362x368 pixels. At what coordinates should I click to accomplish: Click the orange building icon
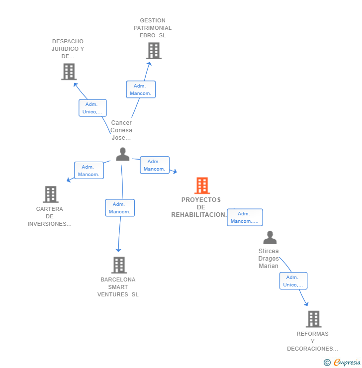point(202,185)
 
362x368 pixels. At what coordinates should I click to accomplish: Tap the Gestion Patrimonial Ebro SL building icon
point(154,51)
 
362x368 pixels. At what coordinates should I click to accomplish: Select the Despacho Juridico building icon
point(69,72)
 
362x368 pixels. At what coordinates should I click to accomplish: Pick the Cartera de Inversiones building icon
point(51,194)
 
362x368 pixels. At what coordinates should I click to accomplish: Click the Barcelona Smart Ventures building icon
point(119,265)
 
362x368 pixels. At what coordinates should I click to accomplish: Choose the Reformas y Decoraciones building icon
point(314,319)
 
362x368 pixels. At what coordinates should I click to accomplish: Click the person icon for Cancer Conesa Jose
point(123,154)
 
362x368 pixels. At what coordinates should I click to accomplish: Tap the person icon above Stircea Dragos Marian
point(270,238)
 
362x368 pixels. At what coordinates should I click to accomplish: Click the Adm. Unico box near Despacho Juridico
point(92,108)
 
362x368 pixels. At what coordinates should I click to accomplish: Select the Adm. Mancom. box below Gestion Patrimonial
point(141,90)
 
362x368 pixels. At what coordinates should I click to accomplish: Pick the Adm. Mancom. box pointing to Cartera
point(89,171)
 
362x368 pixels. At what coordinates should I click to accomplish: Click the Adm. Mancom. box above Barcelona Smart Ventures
point(120,208)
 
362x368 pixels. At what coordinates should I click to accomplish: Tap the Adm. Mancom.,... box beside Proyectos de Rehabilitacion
point(245,217)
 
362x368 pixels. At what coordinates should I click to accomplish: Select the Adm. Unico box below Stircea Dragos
point(293,281)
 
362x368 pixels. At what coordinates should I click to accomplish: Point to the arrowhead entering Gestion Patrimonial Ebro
point(149,64)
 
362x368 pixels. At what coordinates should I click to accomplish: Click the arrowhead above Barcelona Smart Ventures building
point(118,250)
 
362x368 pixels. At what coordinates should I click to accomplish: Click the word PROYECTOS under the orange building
point(201,200)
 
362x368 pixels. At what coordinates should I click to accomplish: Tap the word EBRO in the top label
point(147,35)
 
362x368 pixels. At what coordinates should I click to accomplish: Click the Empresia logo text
point(347,363)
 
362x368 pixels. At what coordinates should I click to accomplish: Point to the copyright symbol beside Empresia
point(327,363)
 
